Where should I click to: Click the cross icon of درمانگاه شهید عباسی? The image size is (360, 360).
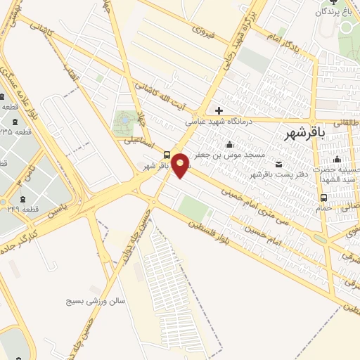pyautogui.click(x=219, y=110)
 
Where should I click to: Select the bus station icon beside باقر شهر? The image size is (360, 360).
pyautogui.click(x=166, y=155)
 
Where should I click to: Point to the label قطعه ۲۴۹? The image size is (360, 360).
pyautogui.click(x=27, y=209)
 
